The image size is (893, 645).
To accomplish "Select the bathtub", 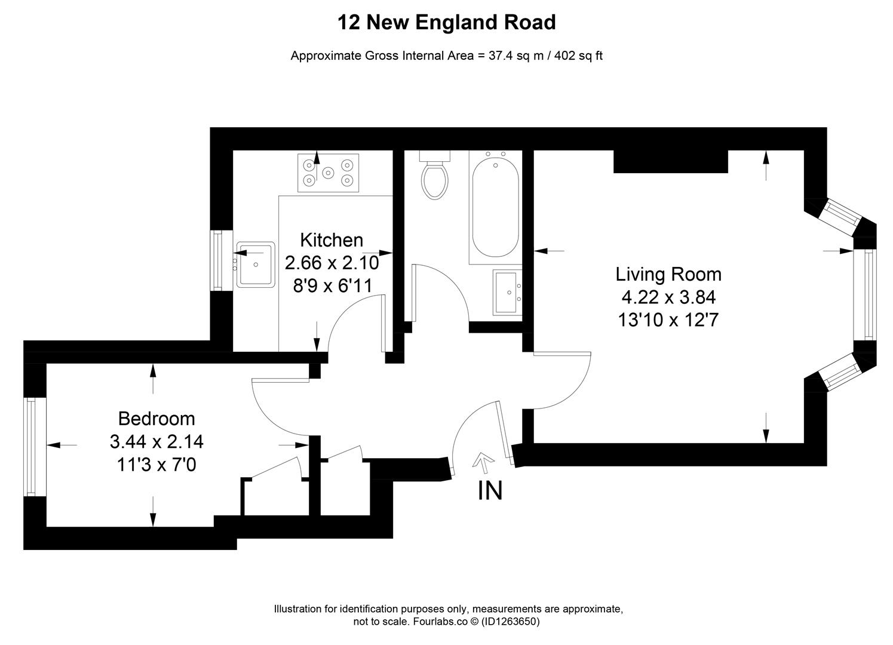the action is click(x=496, y=207).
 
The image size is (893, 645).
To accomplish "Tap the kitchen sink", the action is click(x=255, y=265).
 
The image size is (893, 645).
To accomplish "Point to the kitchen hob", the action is click(x=328, y=173).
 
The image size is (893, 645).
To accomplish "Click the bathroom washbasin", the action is click(x=508, y=292).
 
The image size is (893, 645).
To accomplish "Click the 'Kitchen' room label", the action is click(x=332, y=240).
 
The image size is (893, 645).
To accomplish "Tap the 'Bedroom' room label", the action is click(x=156, y=419).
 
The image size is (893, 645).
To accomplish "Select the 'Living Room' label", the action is click(x=668, y=274).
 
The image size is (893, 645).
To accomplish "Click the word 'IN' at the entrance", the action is click(x=490, y=490).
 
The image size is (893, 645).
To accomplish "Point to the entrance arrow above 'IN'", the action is click(x=483, y=460).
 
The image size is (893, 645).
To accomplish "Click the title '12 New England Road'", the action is click(x=447, y=22).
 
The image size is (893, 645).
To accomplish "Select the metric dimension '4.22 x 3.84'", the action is click(x=668, y=297).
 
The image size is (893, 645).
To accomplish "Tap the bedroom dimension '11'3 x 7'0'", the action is click(x=156, y=465).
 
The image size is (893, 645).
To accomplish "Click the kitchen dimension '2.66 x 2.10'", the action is click(x=332, y=263).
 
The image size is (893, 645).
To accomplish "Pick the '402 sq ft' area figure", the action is click(x=578, y=56).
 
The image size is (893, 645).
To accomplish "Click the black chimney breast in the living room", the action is click(x=671, y=161).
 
